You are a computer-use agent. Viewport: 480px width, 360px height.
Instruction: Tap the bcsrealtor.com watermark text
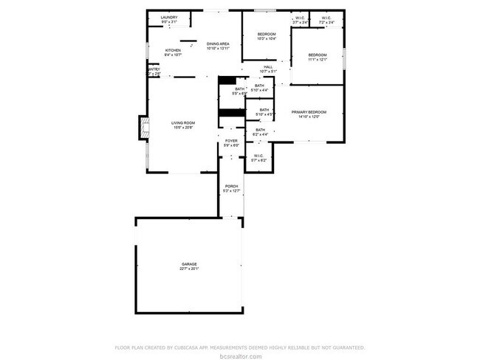click(240, 356)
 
